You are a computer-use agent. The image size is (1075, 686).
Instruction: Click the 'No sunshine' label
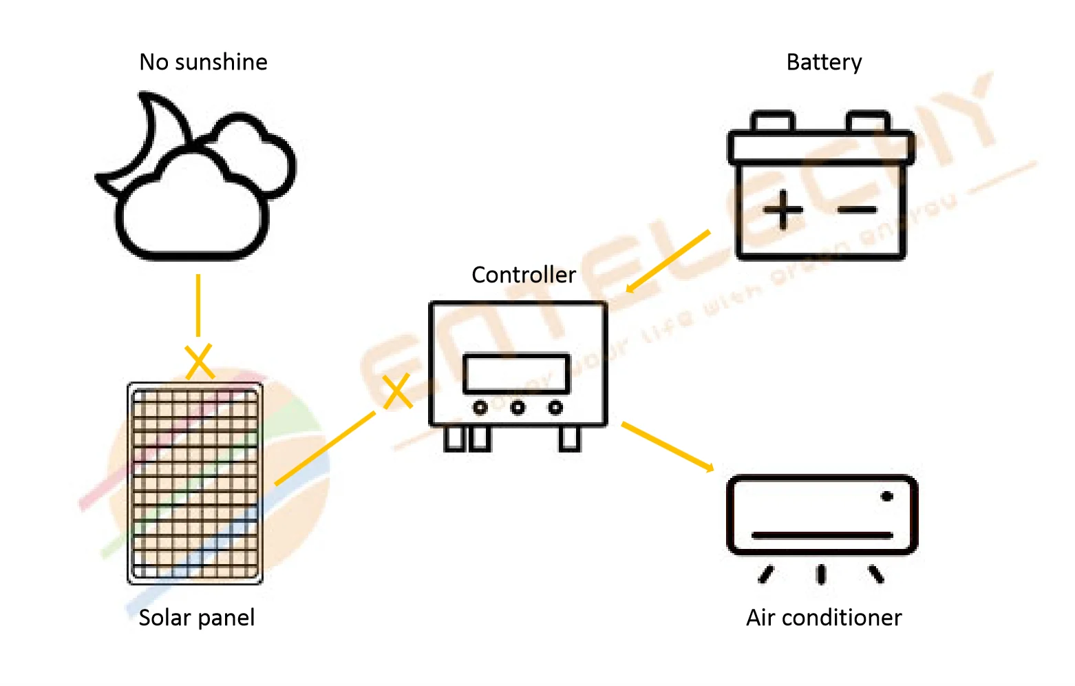click(203, 62)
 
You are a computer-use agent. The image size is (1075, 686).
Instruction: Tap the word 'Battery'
click(824, 63)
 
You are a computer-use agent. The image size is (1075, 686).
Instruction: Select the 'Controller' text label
click(524, 275)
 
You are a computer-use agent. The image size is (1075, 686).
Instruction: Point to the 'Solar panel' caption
click(197, 618)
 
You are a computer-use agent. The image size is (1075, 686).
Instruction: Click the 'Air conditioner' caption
click(824, 618)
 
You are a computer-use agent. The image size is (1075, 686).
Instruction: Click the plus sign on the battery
click(783, 209)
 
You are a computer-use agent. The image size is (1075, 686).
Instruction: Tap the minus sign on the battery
click(858, 209)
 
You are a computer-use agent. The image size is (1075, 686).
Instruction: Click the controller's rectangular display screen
click(517, 373)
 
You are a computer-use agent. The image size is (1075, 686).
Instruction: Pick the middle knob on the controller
click(518, 408)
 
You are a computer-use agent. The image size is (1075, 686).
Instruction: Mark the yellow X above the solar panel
click(199, 362)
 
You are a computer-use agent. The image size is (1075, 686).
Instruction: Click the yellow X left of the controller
click(397, 391)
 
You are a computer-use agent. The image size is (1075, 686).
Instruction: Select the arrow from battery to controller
click(668, 262)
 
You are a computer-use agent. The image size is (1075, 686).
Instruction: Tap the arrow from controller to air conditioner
click(668, 447)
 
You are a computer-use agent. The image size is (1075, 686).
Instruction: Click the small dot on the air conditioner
click(887, 496)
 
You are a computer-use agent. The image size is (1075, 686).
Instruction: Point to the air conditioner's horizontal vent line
click(822, 535)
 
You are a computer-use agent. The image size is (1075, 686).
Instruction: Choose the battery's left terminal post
click(773, 122)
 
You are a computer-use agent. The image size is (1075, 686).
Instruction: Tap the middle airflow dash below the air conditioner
click(821, 574)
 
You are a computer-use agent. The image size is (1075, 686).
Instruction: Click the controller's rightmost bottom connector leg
click(569, 439)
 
